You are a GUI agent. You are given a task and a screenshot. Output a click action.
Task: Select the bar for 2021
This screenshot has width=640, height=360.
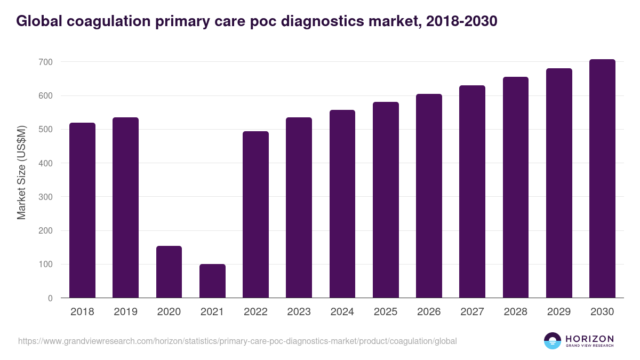(x=212, y=281)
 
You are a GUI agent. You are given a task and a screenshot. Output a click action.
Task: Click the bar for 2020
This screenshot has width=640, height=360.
(x=169, y=272)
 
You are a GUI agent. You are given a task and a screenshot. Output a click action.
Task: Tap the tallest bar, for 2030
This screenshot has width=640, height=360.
(x=602, y=179)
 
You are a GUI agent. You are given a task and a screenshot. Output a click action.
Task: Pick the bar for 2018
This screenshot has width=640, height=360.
(x=82, y=210)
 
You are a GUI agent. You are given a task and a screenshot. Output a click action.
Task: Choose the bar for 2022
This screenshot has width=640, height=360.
(x=255, y=214)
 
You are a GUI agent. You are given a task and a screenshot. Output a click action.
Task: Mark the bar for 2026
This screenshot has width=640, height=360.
(x=429, y=196)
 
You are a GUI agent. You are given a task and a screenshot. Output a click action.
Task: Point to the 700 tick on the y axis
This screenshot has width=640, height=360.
(x=46, y=62)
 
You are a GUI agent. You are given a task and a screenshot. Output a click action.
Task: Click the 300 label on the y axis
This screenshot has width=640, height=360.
(x=46, y=197)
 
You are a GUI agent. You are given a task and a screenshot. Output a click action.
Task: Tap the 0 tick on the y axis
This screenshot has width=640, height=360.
(x=50, y=299)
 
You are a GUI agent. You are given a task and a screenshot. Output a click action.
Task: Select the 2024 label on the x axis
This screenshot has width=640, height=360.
(x=342, y=312)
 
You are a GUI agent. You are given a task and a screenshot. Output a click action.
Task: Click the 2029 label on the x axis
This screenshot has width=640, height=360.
(x=559, y=312)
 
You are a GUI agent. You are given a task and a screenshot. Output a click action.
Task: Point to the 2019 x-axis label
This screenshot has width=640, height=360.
(x=125, y=312)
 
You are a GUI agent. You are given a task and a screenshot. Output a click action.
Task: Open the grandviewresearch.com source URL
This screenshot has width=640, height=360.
(x=237, y=341)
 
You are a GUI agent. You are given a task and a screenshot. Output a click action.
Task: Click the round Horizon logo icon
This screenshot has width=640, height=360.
(x=553, y=341)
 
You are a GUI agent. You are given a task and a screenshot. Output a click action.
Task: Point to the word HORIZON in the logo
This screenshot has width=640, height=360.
(x=589, y=338)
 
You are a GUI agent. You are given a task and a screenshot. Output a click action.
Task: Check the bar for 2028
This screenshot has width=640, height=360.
(x=516, y=187)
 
